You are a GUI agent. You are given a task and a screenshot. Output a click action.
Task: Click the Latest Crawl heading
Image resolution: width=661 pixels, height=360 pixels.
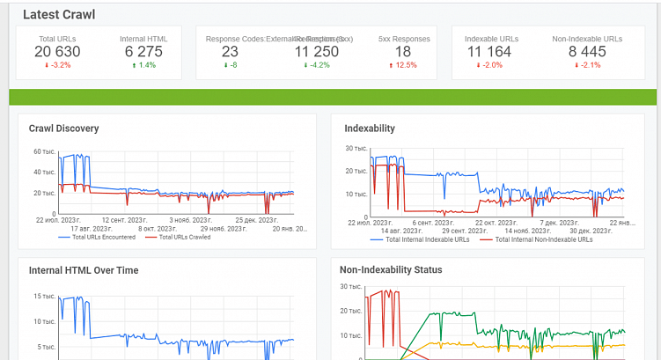click(x=59, y=15)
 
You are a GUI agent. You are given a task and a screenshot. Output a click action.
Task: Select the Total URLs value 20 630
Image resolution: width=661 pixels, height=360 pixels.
click(x=57, y=52)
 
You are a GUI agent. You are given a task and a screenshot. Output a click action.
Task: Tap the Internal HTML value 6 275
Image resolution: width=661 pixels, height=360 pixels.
click(x=143, y=52)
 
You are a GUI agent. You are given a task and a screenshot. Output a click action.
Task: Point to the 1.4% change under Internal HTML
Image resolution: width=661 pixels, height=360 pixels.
click(x=143, y=65)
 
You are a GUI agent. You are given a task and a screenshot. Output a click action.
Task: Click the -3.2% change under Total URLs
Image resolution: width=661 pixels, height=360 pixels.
click(x=57, y=65)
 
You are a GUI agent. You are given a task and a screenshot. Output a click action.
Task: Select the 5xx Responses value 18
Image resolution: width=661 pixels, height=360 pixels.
click(x=403, y=52)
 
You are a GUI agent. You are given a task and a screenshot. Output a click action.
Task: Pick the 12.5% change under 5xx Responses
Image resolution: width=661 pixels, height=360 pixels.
click(x=404, y=65)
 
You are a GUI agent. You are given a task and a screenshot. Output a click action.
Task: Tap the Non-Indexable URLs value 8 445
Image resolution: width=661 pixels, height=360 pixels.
click(x=586, y=52)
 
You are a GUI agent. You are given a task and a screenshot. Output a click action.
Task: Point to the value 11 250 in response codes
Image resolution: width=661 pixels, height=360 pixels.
click(x=317, y=52)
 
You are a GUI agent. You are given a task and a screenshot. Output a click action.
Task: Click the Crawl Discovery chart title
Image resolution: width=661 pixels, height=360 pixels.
click(x=63, y=129)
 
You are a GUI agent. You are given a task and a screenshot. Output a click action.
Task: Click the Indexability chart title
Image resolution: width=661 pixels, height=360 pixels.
click(x=369, y=129)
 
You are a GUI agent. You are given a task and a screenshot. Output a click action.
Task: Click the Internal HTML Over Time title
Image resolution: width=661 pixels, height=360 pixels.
click(x=84, y=271)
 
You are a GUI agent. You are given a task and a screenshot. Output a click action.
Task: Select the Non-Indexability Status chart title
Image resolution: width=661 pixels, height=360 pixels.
click(x=391, y=270)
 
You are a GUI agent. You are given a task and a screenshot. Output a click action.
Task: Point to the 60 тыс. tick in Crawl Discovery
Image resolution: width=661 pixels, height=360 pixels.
click(x=44, y=151)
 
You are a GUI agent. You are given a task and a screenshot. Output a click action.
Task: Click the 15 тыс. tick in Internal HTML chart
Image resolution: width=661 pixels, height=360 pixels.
click(x=44, y=297)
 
